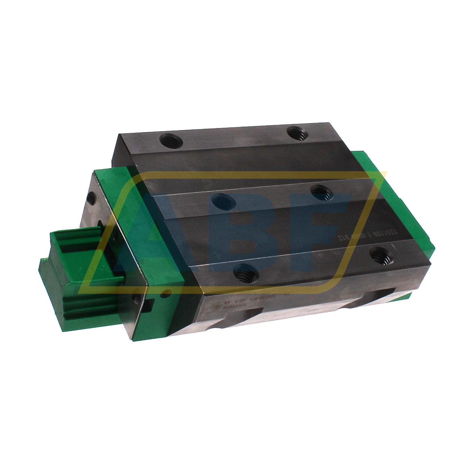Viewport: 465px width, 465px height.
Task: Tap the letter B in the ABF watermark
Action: tap(242, 235)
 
